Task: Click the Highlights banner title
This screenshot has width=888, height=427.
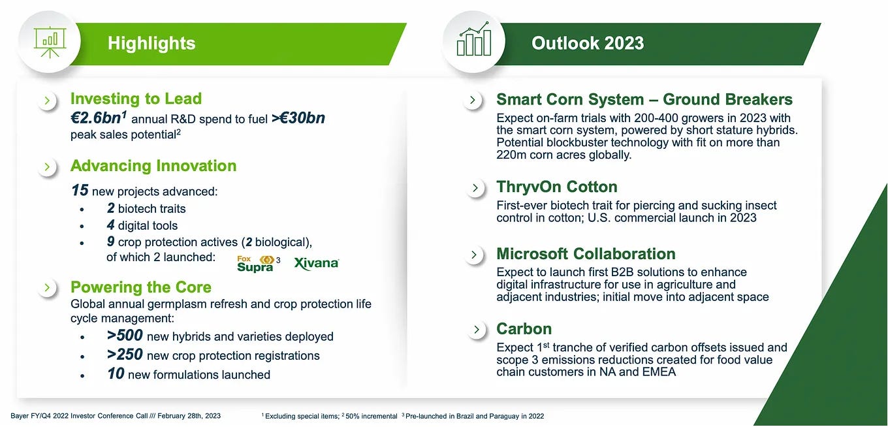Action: pos(151,44)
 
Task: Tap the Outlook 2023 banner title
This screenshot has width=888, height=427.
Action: pos(588,44)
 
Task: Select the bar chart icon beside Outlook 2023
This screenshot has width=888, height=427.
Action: pos(474,41)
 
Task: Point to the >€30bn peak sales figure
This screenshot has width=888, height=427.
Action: pos(298,118)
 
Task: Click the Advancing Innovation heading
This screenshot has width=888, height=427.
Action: pos(153,166)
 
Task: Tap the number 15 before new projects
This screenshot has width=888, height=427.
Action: pos(80,191)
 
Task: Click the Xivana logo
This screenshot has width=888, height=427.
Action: pos(317,263)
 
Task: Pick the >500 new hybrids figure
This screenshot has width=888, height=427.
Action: pos(125,336)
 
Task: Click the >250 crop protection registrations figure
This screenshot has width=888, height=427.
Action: pos(125,355)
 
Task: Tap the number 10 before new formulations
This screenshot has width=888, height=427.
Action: pos(116,374)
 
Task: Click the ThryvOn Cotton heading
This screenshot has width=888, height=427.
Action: pos(556,187)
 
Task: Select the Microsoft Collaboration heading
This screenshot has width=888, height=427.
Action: pos(586,254)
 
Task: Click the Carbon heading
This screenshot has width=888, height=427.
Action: pos(524,329)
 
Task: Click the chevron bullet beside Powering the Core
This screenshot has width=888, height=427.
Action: pos(47,288)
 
